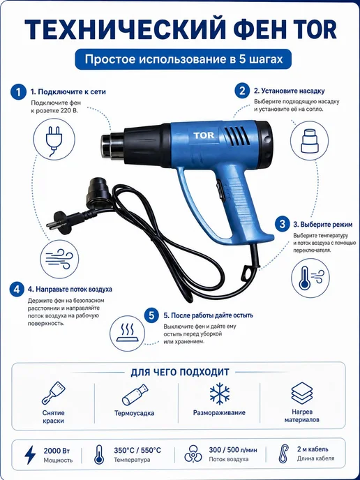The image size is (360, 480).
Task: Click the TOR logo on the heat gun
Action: click(204, 135)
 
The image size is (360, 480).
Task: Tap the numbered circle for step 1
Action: click(18, 92)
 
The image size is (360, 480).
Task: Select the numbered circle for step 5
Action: click(151, 315)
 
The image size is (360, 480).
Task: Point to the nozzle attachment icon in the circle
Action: click(309, 141)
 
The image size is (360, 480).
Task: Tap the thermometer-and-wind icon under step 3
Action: click(310, 278)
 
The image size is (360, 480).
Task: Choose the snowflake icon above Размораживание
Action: click(220, 393)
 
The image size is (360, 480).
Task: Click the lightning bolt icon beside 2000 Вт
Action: click(30, 455)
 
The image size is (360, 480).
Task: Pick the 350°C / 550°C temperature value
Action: click(137, 450)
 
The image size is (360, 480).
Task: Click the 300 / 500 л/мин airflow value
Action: click(233, 450)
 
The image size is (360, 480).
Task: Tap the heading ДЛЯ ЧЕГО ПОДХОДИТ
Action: click(180, 373)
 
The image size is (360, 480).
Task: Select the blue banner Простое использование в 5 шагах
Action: click(183, 59)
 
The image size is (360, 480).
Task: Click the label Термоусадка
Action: click(135, 413)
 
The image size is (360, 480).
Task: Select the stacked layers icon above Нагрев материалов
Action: click(302, 393)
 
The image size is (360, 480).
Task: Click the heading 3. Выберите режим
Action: click(322, 225)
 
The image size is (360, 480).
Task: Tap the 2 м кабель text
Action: click(313, 449)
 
